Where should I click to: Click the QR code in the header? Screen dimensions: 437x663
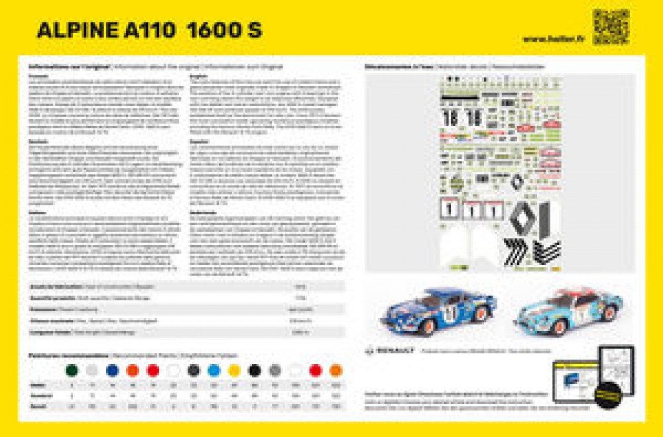pyautogui.click(x=611, y=27)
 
